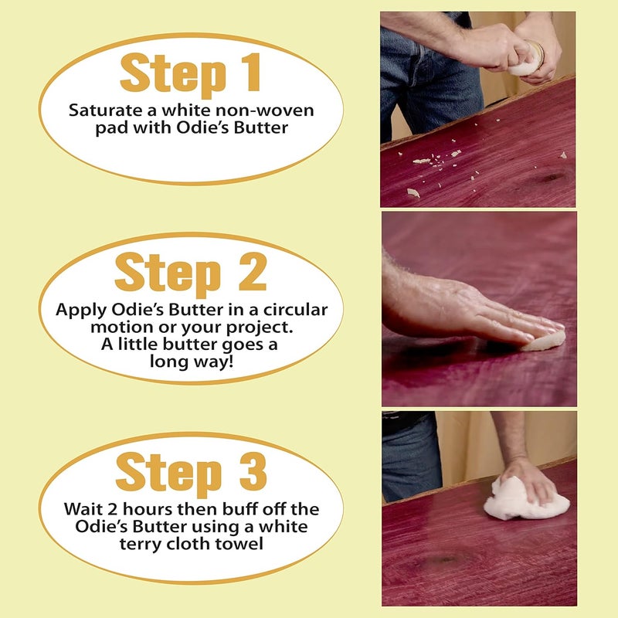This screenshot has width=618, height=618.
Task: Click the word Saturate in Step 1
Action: click(x=106, y=110)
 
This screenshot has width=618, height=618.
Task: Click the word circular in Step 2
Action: click(x=295, y=310)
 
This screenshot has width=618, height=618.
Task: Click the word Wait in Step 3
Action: click(x=83, y=509)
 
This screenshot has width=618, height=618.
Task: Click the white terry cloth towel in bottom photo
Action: click(x=526, y=498)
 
